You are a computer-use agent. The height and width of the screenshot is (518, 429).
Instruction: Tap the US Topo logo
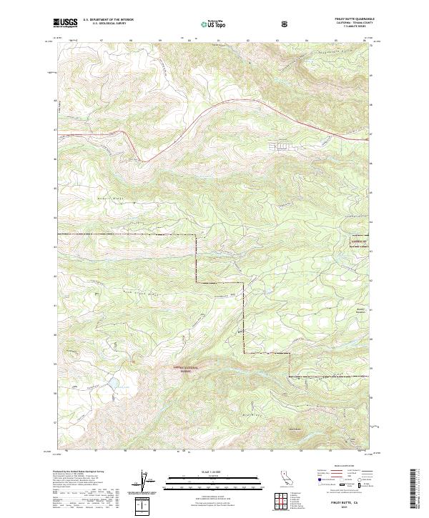click(x=212, y=24)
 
